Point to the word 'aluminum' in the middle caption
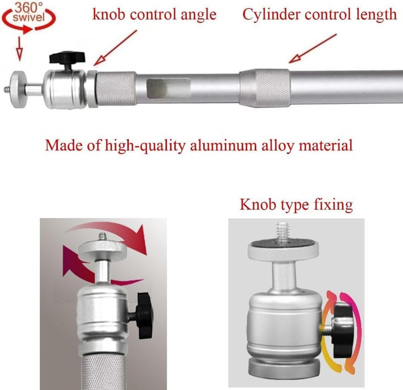[224, 145]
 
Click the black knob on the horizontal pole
[67, 58]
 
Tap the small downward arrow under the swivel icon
[19, 49]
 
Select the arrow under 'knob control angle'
[115, 48]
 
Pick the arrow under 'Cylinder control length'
[312, 48]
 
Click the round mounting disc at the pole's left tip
[18, 90]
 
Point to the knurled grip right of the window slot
[273, 88]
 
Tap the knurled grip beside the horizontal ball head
[116, 89]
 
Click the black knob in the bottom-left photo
[145, 315]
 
